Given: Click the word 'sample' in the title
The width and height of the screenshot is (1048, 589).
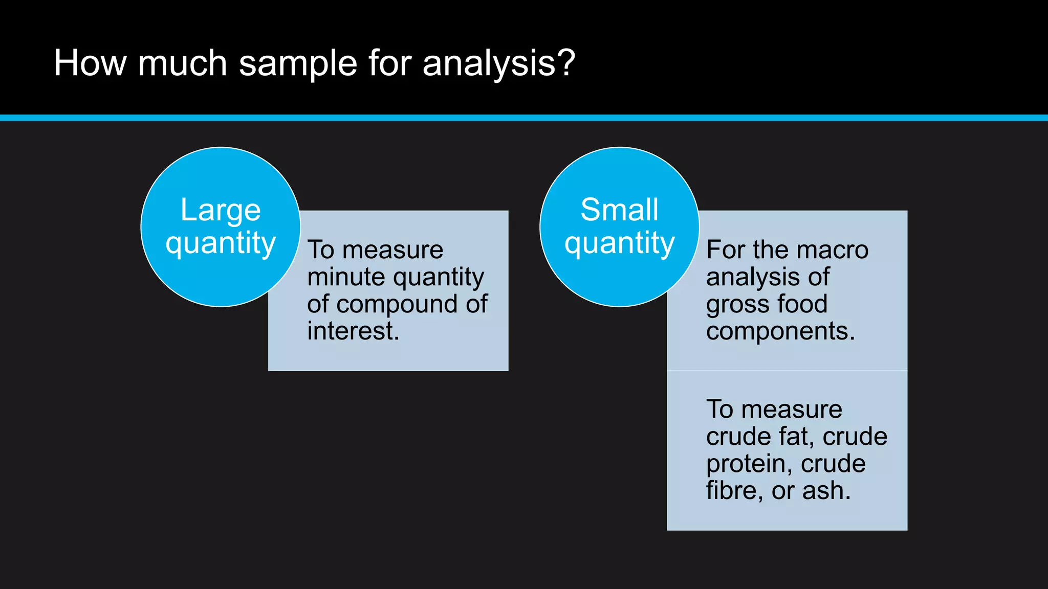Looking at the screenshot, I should point(298,64).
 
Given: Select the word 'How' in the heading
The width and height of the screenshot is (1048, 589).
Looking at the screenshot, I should point(90,63).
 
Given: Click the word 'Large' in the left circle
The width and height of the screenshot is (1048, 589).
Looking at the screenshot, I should point(221,210).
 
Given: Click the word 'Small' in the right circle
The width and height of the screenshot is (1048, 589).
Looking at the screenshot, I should point(619,210).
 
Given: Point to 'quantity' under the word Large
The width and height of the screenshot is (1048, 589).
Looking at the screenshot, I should point(221,243).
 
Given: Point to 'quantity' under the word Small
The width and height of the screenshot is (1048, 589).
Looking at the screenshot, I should point(619,243).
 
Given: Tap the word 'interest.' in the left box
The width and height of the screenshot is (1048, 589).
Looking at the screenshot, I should point(353,331).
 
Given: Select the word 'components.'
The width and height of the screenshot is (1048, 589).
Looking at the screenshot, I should point(780,332).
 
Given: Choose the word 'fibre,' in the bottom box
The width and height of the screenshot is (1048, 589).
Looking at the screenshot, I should point(734,491).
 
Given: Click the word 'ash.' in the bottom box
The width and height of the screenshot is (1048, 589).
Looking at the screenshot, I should point(826,491).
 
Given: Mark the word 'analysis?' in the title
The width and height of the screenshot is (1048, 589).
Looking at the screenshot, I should point(499,64).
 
